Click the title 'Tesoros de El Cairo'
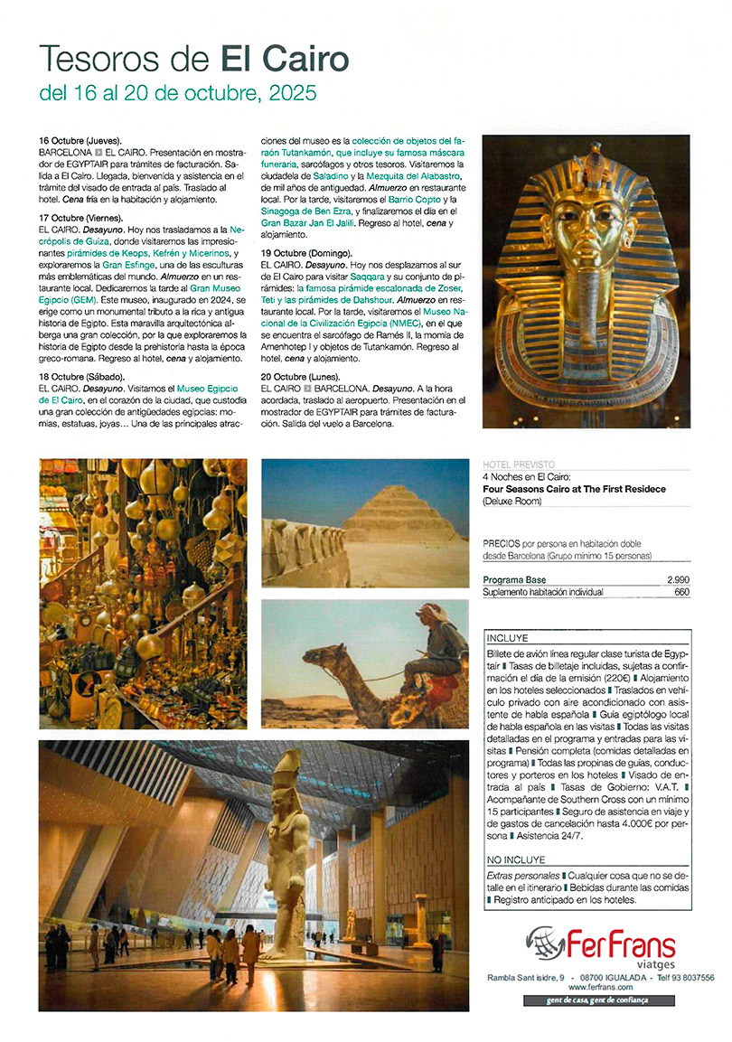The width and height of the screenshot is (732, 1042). point(193,59)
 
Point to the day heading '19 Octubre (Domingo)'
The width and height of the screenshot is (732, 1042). point(306,251)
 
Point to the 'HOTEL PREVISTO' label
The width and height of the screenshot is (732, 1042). point(519,465)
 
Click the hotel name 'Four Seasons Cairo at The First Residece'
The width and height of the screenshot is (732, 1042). point(574,489)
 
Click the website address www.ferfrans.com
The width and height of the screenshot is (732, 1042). point(600,987)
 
